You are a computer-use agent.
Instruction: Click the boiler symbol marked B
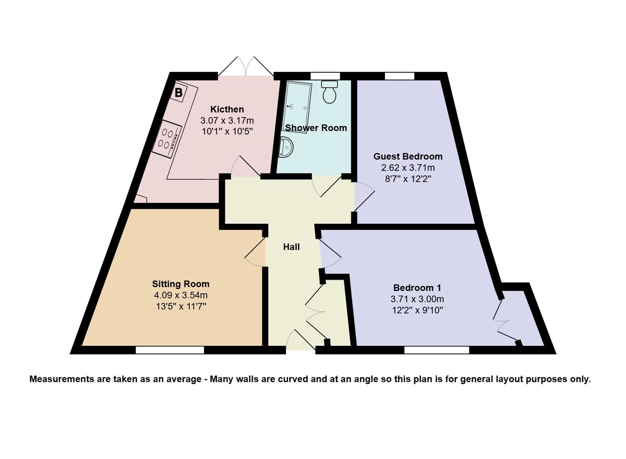(x=178, y=92)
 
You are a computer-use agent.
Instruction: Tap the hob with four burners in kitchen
(x=167, y=138)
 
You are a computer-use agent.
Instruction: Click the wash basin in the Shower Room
(x=286, y=147)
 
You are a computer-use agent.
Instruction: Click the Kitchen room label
(x=227, y=109)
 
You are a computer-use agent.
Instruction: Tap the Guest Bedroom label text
(x=408, y=156)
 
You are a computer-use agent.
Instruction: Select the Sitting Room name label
(x=181, y=284)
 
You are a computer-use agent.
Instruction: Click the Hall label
(x=291, y=247)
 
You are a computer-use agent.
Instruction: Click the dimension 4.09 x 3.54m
(x=181, y=295)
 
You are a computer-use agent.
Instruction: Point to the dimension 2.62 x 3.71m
(x=408, y=168)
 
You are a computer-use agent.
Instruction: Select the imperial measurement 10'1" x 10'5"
(x=227, y=131)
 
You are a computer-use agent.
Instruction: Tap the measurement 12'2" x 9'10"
(x=417, y=310)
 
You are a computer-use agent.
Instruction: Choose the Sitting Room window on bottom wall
(x=170, y=350)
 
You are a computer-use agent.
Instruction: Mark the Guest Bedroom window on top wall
(x=399, y=76)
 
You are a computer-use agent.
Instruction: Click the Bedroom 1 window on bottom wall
(x=436, y=350)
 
